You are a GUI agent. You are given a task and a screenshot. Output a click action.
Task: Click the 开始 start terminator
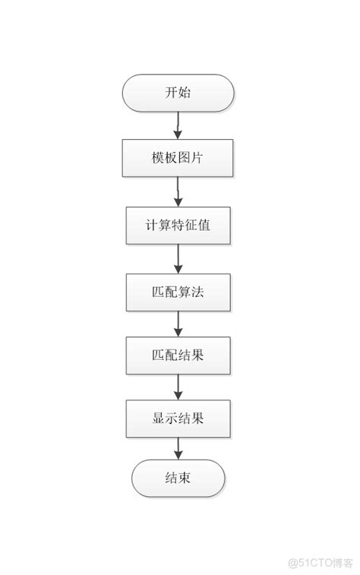pos(178,93)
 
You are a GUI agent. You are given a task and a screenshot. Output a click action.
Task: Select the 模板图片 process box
pos(178,157)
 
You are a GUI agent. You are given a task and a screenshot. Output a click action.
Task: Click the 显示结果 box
pos(178,418)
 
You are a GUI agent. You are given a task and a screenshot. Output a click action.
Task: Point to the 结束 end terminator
pos(178,479)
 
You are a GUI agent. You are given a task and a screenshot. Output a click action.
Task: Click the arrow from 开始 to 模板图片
pos(178,125)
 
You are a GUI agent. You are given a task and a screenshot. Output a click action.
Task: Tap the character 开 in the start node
pos(171,93)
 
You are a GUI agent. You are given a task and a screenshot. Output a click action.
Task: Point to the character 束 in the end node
pos(185,479)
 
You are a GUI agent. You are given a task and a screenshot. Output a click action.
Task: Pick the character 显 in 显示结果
pos(157,418)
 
